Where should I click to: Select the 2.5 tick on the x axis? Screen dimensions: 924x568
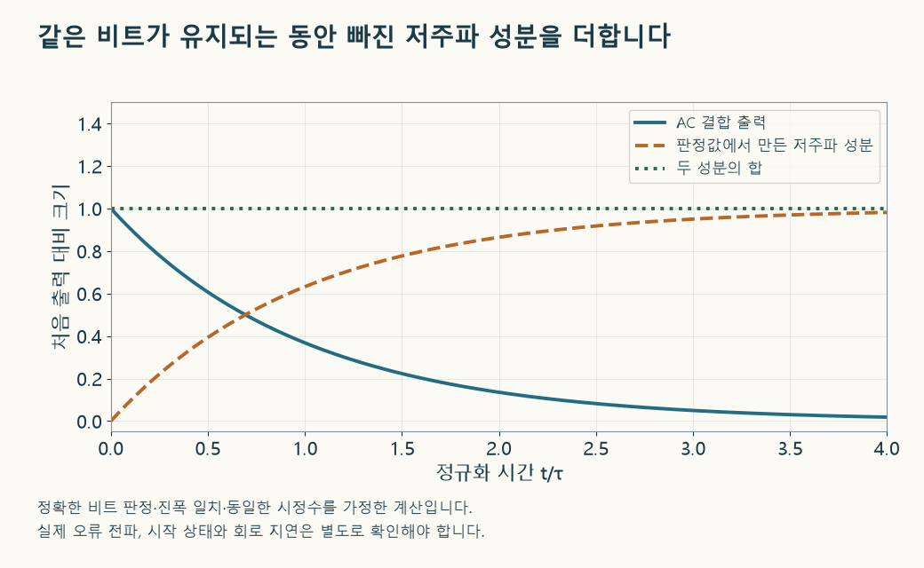(596, 448)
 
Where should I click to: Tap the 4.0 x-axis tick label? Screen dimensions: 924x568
(887, 448)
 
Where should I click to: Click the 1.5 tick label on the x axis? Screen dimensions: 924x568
(402, 448)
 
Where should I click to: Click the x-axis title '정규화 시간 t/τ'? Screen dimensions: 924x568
(499, 472)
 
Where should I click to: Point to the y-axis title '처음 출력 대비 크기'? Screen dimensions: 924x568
(60, 267)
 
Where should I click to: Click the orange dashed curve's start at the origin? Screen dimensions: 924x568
(111, 422)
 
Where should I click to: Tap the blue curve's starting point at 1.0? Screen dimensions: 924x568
(111, 209)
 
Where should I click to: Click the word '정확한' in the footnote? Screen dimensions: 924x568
(60, 507)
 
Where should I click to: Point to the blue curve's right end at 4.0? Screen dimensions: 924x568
(887, 417)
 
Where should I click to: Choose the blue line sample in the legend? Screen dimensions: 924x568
(649, 122)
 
